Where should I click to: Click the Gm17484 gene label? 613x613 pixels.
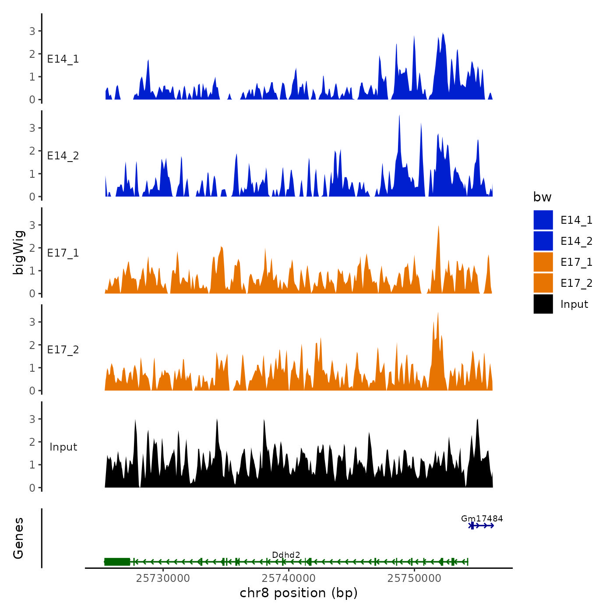point(482,518)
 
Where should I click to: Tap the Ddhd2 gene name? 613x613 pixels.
point(286,555)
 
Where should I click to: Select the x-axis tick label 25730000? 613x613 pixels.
point(163,578)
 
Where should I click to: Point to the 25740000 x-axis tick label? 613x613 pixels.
point(289,578)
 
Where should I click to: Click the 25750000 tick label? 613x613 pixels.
point(414,578)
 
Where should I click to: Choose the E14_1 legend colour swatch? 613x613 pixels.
point(543,220)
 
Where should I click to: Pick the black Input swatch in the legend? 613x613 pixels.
point(543,304)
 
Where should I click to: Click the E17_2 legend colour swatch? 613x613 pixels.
point(543,283)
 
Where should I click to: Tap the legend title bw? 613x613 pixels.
point(542,197)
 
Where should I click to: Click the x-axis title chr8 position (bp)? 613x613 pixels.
point(299,593)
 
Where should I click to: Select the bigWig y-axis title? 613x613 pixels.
point(19,252)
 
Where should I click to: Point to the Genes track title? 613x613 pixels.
point(18,538)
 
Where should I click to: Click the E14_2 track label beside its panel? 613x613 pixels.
point(63,156)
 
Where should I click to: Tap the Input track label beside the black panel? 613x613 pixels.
point(63,447)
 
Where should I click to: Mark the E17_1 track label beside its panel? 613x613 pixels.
point(63,253)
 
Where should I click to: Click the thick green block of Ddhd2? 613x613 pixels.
point(117,562)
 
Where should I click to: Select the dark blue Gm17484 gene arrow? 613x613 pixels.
point(482,525)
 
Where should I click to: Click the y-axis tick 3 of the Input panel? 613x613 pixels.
point(32,419)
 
